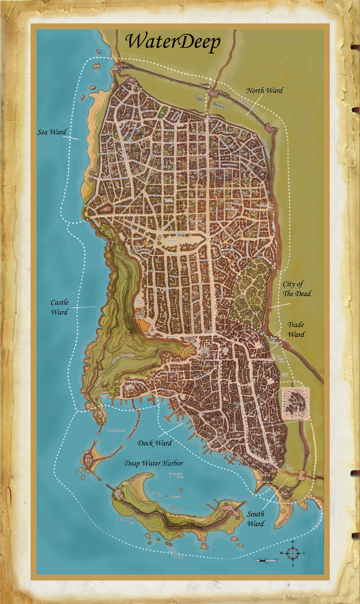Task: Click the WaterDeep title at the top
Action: pos(173,42)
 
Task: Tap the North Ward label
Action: pos(264,90)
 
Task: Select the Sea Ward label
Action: pos(52,132)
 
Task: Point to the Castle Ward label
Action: pos(59,307)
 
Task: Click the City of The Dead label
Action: pos(297,289)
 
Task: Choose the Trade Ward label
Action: pos(296,329)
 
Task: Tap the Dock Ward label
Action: pos(154,443)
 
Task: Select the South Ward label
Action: pos(256,519)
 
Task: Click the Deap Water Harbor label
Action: pos(154,463)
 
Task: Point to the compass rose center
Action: pos(293,553)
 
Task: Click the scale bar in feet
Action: pos(265,560)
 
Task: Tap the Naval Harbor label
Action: pos(116,430)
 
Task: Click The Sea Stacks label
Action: pos(175,554)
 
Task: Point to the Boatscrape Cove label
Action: pos(155,494)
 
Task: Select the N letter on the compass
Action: pos(293,542)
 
